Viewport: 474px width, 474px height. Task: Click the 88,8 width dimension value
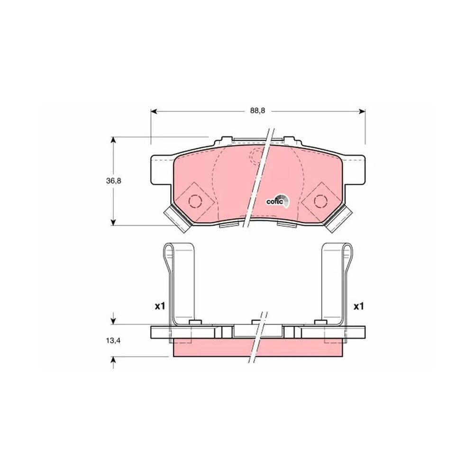click(257, 110)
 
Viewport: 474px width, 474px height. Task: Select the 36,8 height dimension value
click(113, 181)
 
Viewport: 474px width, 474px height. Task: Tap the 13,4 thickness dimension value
click(113, 341)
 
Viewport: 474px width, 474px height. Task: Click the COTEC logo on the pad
click(277, 201)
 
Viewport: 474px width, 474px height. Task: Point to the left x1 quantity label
click(160, 307)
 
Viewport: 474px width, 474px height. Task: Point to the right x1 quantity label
click(358, 307)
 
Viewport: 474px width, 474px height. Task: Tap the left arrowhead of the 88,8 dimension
click(154, 111)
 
